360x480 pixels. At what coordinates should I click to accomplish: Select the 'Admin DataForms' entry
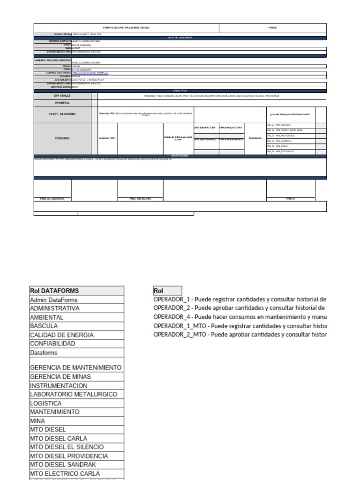54,300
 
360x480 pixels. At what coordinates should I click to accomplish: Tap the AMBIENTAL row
47,317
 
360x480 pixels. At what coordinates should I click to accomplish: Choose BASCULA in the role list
44,326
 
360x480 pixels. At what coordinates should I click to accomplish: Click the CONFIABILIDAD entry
52,344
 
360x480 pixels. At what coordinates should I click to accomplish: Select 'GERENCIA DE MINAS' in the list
60,376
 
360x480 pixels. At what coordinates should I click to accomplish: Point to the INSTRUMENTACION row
59,385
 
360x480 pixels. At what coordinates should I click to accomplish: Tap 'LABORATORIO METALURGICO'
74,394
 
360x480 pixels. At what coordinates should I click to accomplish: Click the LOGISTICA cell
46,403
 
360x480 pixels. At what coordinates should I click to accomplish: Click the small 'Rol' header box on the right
167,291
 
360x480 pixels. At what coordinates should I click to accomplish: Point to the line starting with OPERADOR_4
240,317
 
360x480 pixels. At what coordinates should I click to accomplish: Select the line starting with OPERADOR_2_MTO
240,335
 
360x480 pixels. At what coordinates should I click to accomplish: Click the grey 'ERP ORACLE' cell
62,96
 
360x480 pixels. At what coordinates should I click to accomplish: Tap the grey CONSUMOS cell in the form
62,138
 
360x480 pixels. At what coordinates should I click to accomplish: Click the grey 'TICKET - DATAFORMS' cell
62,114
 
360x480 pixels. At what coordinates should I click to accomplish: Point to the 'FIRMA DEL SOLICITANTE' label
52,199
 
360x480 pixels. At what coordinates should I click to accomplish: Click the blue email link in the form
90,73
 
